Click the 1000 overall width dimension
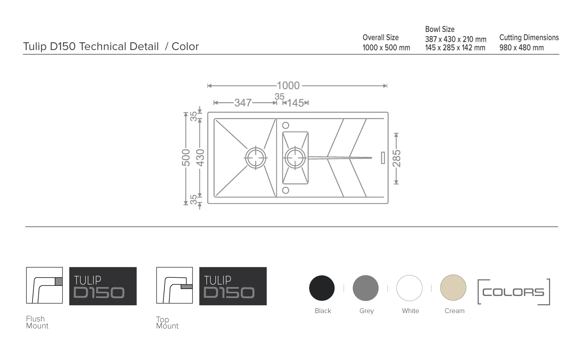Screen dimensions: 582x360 (x=288, y=85)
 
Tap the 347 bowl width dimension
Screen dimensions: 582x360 (x=243, y=103)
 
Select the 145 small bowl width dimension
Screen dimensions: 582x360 (x=295, y=103)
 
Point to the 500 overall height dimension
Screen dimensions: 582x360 (x=186, y=157)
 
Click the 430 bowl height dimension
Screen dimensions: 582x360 (x=200, y=157)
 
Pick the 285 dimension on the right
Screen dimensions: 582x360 (x=397, y=158)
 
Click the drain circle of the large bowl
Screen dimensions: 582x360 (x=256, y=158)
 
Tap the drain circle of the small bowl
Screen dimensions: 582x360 (x=295, y=158)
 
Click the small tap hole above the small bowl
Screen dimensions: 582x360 (x=286, y=125)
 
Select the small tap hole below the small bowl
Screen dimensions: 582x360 (x=286, y=190)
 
